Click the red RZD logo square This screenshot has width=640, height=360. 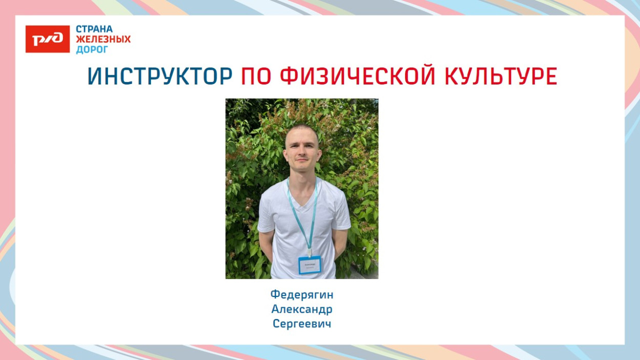pos(48,39)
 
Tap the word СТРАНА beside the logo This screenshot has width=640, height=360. pos(94,29)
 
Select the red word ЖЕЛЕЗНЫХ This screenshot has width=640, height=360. pos(103,39)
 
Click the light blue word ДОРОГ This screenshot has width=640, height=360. pos(92,50)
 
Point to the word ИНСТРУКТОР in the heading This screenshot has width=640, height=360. pos(160,77)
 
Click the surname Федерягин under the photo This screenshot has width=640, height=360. pos(302,294)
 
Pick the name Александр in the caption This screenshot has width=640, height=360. pos(302,309)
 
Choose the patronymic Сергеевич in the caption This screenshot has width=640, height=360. pos(302,324)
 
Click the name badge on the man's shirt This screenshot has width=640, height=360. pos(310,265)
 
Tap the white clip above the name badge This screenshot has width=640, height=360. pos(310,252)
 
